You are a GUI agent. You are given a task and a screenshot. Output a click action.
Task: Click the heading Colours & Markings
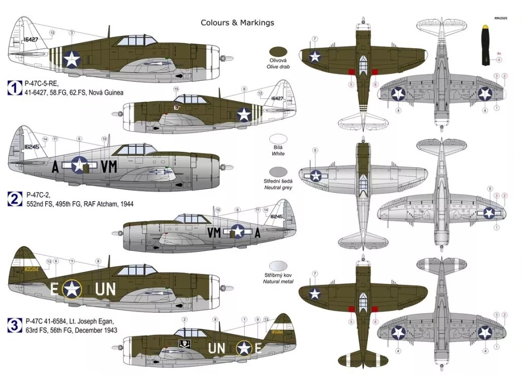[237, 23]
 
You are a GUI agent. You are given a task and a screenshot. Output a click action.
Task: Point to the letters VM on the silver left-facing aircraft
[109, 166]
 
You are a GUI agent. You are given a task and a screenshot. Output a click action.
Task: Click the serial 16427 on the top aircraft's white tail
[31, 39]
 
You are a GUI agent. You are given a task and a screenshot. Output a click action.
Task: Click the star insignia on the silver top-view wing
[316, 176]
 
